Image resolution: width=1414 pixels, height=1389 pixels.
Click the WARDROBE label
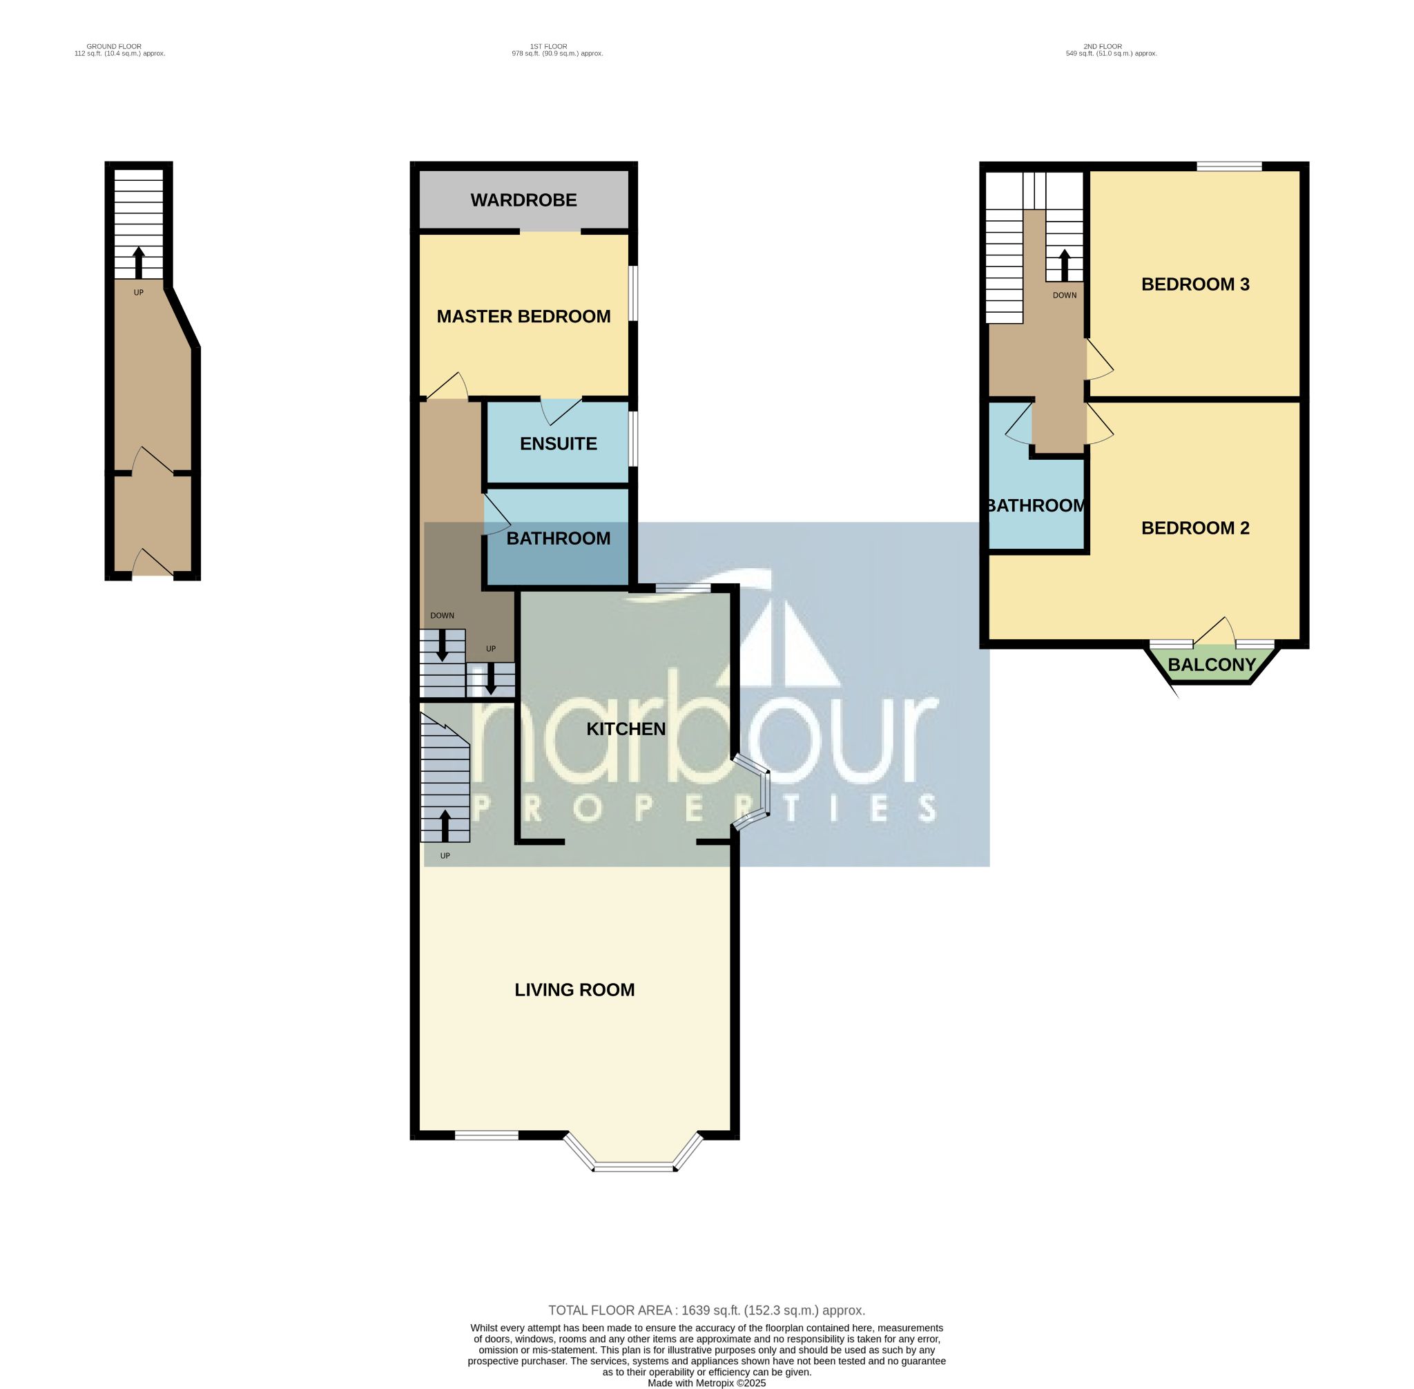pos(523,200)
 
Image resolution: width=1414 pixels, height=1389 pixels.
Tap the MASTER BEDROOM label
pos(523,317)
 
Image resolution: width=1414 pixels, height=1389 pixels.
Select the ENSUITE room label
pos(558,443)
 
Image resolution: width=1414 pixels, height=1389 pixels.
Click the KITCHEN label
pos(626,729)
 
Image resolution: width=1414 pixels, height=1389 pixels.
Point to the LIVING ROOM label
pos(574,990)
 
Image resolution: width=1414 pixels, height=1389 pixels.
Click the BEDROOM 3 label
pos(1195,284)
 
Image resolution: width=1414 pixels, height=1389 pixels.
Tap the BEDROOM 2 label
pos(1195,528)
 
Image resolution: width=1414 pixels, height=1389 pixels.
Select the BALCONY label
pos(1212,665)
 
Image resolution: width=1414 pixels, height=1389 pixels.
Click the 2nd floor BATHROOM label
pos(1037,505)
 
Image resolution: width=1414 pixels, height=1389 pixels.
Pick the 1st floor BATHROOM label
pos(558,538)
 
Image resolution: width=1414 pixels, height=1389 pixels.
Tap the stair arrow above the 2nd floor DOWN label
pos(1065,266)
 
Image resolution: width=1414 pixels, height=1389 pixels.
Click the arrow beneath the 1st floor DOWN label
pos(441,645)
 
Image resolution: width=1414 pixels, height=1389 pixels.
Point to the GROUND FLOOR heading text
pos(114,47)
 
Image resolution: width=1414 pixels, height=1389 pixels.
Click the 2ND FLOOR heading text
pos(1103,47)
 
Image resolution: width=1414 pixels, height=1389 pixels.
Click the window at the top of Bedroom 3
pos(1230,166)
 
